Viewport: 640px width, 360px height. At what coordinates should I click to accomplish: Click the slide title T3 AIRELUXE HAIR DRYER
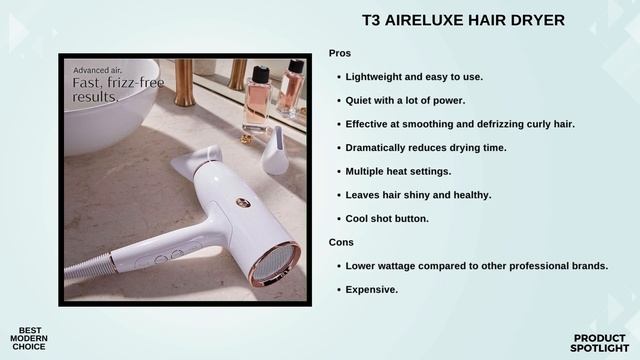coord(463,20)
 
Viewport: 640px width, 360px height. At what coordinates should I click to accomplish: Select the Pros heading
coord(340,53)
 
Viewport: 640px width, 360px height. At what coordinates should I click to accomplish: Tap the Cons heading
coord(340,242)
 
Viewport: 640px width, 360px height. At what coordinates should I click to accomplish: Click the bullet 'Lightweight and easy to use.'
coord(414,76)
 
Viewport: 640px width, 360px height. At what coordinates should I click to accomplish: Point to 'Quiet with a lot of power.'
coord(406,100)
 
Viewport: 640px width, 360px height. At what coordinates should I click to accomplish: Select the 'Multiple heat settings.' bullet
coord(398,171)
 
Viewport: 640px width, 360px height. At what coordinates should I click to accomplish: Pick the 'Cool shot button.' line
coord(387,218)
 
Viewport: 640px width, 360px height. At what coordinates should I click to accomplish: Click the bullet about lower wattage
coord(476,266)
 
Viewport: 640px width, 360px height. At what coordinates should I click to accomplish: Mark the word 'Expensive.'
coord(372,289)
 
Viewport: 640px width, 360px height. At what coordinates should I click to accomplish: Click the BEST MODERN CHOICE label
coord(29,338)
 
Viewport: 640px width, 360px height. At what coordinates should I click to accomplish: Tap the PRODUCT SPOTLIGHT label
coord(600,342)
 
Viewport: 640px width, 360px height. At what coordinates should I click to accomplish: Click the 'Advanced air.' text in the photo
coord(96,70)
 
